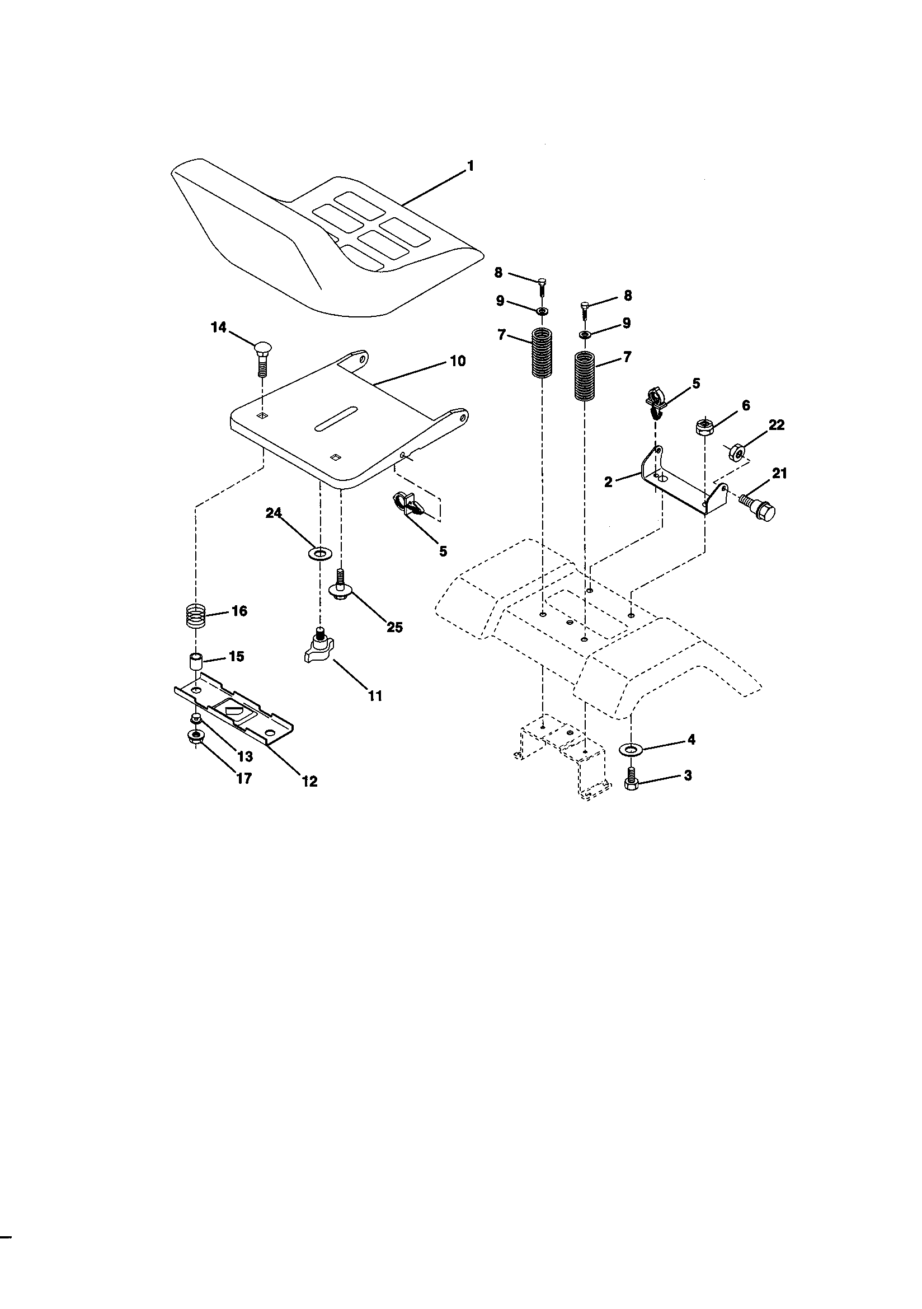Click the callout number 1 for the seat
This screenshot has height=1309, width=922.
pos(470,166)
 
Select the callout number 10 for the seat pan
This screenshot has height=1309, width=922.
pos(457,361)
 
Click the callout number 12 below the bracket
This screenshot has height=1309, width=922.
pos(309,781)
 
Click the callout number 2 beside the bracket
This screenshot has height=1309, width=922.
pos(608,481)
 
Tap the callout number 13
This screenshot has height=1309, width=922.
pos(244,756)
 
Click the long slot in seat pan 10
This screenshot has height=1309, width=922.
pos(335,418)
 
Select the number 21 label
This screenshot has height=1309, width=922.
pos(779,473)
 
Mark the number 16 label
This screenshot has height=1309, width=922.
pos(239,611)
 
